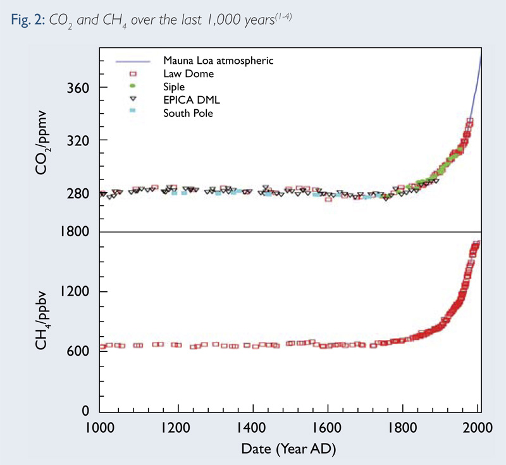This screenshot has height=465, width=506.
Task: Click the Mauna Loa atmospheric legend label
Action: pos(218,61)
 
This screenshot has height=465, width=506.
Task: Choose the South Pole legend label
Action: pos(188,113)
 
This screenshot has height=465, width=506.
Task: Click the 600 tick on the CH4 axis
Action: pos(79,351)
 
